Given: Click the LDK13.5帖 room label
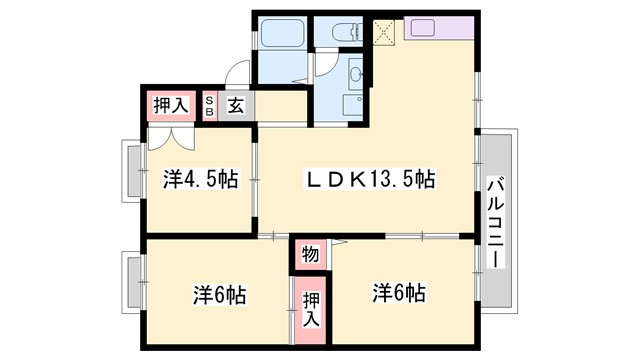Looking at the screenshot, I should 370,180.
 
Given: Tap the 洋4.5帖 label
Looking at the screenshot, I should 200,180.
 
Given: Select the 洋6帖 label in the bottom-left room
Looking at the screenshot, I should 219,296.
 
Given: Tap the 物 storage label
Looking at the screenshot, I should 310,255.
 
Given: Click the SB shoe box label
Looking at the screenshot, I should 210,106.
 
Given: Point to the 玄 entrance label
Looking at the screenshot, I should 234,106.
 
